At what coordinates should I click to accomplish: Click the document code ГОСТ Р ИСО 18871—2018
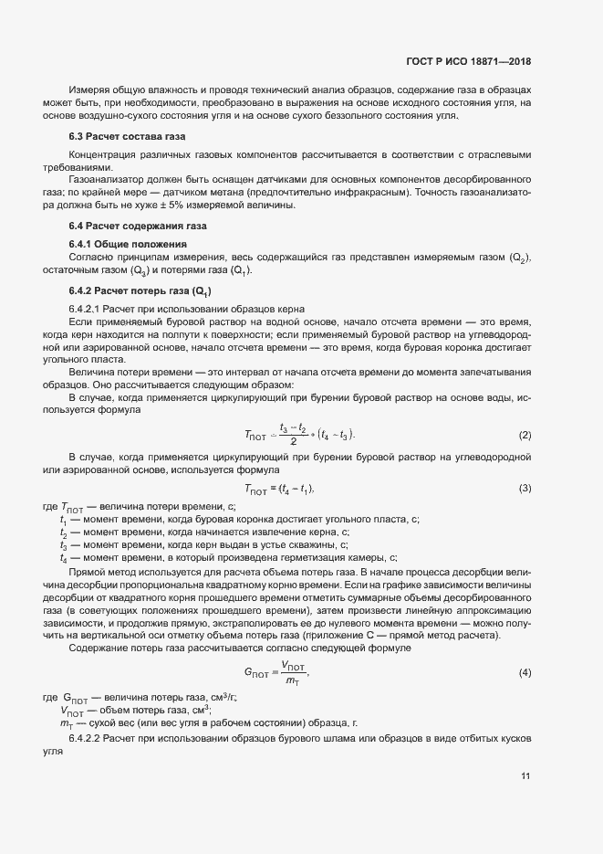click(468, 62)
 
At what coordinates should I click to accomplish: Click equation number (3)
click(525, 489)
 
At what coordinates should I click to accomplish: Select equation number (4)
click(525, 673)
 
